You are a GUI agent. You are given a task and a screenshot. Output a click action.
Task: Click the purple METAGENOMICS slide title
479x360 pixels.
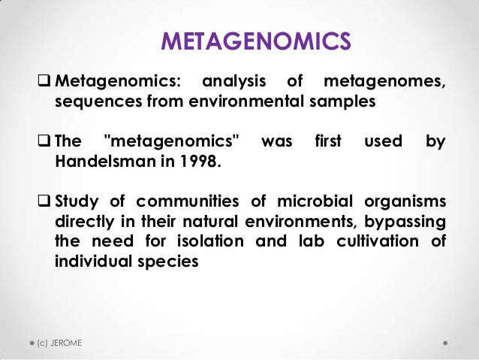[x=256, y=42]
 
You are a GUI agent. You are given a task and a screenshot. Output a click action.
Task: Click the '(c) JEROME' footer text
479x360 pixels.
[x=59, y=343]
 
